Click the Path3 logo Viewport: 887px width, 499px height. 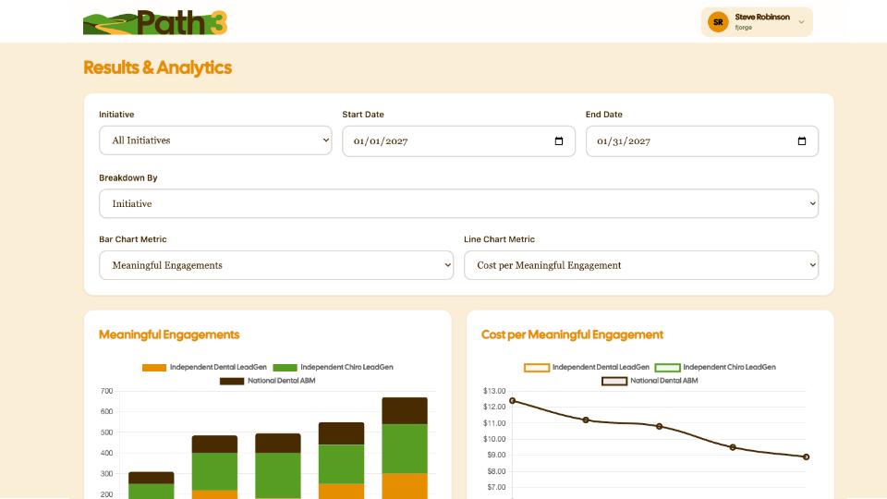pos(155,22)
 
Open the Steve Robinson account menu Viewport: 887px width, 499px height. pos(757,22)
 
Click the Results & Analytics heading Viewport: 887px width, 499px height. pos(157,67)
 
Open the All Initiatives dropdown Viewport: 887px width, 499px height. pos(215,140)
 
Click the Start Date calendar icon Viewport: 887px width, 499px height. pos(559,140)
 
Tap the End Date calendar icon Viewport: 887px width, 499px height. pos(802,140)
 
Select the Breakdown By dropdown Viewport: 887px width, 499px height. pos(459,203)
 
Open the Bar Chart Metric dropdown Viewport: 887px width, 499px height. pos(276,265)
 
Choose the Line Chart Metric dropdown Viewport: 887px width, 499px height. pos(641,265)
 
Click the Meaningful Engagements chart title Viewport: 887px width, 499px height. pos(169,335)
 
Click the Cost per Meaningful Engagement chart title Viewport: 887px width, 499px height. pos(572,335)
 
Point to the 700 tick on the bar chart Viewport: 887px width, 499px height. pos(106,391)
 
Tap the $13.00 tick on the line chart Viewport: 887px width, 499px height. pos(494,391)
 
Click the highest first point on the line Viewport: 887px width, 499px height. pos(513,400)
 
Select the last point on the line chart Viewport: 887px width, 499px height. pos(806,456)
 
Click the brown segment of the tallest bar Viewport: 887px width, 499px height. pos(405,410)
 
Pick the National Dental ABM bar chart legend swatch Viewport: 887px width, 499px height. pos(232,381)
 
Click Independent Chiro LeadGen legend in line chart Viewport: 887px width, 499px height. pos(715,367)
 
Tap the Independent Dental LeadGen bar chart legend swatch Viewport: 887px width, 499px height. pos(154,367)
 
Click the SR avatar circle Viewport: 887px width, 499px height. pos(718,22)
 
